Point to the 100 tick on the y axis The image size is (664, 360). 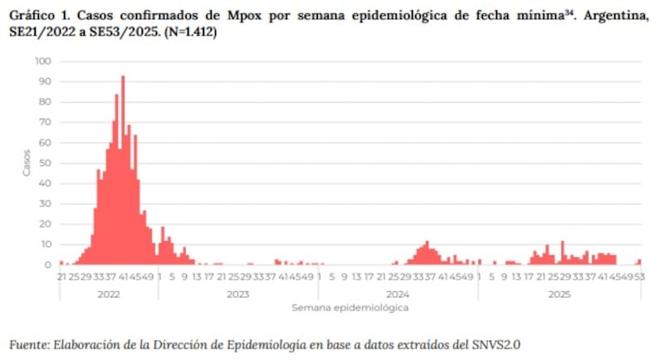coord(42,61)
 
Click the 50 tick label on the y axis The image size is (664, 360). coord(45,163)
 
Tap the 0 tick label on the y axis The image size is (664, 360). coord(48,265)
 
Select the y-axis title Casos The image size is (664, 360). coord(26,163)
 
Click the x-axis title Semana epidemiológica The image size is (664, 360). coord(349,308)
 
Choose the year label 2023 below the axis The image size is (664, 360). coord(238,294)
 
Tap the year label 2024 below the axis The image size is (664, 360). coord(398,294)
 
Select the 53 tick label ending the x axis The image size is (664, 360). coord(641,277)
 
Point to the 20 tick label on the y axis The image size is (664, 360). coord(45,225)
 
